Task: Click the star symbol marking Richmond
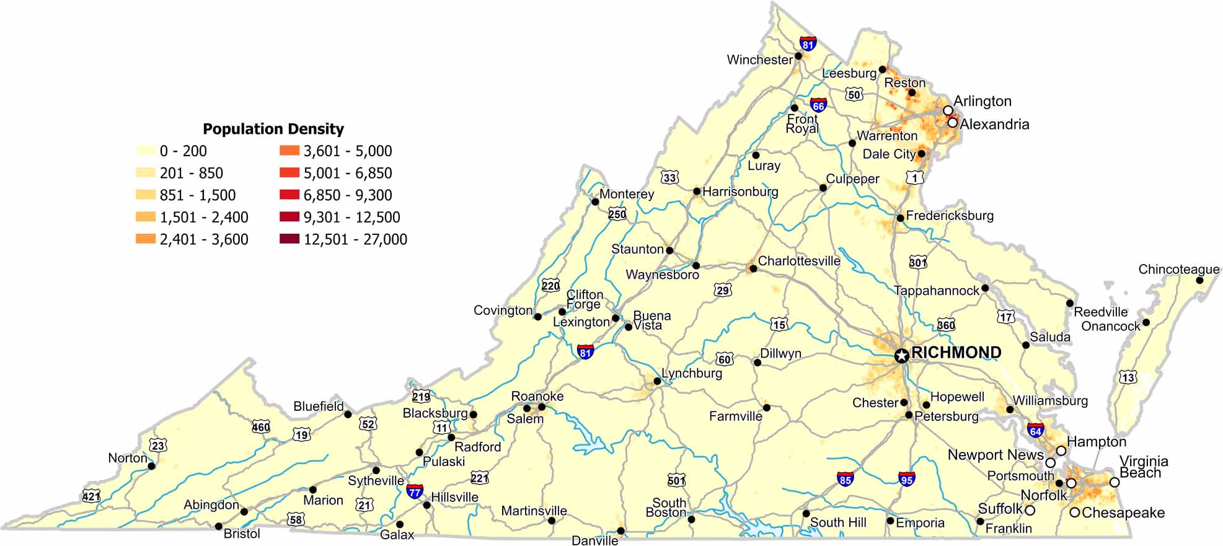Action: tap(902, 355)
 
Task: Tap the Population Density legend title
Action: tap(273, 129)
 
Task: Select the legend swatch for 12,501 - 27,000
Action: tap(289, 239)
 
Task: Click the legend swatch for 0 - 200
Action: tap(146, 151)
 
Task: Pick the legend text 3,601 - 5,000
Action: tap(347, 151)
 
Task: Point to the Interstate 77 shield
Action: tap(415, 492)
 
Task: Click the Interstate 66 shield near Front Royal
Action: tap(818, 105)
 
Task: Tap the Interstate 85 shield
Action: tap(845, 478)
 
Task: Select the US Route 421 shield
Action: tap(91, 496)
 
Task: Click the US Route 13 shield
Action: tap(1128, 377)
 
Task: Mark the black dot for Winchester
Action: tap(798, 56)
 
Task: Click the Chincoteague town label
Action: tap(1178, 269)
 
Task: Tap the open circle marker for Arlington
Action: tap(948, 110)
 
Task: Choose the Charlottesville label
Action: tap(799, 261)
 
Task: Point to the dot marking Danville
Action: tap(620, 531)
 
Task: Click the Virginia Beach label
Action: tap(1142, 467)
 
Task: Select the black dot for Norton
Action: tap(151, 466)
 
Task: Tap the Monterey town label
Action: tap(626, 194)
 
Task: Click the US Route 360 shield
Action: tap(946, 324)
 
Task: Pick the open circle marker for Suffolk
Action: tap(1030, 511)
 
